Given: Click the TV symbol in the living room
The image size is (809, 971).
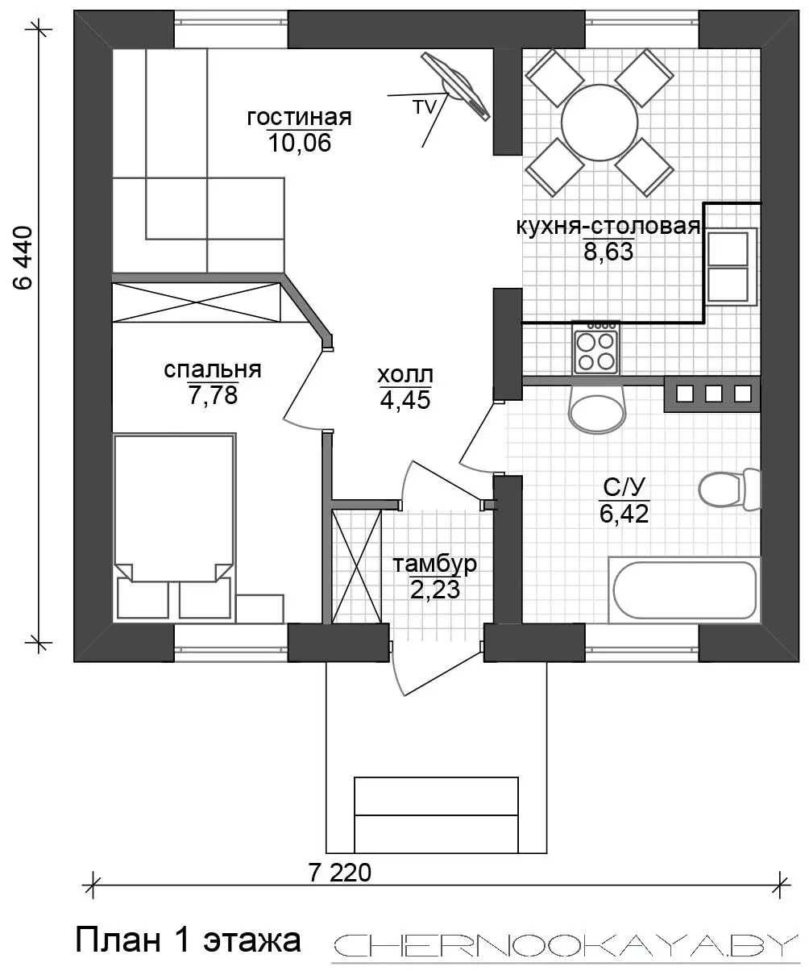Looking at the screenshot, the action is click(x=455, y=86).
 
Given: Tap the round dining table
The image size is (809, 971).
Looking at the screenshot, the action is click(x=599, y=123).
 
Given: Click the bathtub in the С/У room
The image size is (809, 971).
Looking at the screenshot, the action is click(x=684, y=590).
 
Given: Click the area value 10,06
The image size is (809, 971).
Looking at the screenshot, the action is click(x=300, y=143).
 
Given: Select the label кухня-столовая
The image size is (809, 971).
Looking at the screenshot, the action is click(x=608, y=227).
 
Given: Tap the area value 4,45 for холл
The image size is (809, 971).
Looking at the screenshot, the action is click(x=405, y=399).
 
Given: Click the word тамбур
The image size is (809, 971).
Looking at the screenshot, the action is click(x=434, y=564).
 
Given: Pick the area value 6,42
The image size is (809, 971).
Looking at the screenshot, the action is click(x=624, y=514).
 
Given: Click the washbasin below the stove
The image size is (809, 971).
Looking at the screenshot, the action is click(x=598, y=410).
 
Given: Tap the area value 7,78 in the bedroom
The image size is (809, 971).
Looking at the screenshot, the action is click(x=214, y=395).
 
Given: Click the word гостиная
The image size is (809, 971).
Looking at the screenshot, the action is click(x=299, y=117).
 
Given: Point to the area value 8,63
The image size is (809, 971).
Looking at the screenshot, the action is click(x=608, y=252).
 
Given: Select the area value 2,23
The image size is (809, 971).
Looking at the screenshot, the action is click(x=435, y=590).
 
